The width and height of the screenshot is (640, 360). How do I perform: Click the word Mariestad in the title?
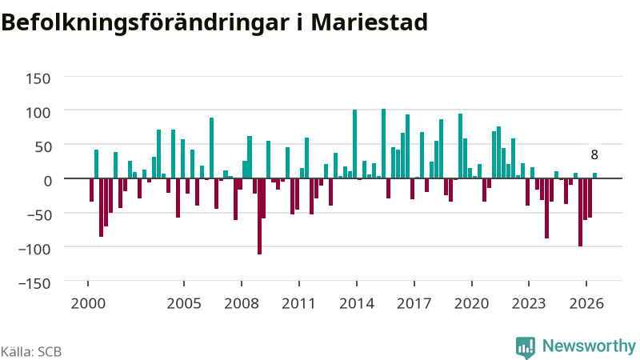370,22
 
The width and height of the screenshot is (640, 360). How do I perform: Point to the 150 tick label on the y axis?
38,78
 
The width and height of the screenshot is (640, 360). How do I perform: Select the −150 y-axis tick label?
34,283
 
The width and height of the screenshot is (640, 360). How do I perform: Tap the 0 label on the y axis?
48,181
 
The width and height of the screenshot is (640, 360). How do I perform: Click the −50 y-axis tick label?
38,215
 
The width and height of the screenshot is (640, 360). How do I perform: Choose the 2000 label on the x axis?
88,304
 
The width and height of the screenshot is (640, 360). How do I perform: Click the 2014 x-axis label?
357,304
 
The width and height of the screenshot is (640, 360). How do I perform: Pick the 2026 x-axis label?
586,304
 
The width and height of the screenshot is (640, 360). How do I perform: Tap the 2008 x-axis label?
242,304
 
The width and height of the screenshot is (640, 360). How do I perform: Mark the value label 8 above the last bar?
594,154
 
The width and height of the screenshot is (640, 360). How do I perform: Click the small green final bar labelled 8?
594,176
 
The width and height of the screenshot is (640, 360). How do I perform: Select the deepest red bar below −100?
259,216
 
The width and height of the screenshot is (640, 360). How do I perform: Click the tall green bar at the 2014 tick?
354,144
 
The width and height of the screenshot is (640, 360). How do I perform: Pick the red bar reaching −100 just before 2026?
581,212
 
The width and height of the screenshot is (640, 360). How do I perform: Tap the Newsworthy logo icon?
526,347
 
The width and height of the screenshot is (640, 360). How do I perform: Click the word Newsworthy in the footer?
589,346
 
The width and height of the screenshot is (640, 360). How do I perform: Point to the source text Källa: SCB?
31,351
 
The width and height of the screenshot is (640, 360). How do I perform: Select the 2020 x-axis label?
471,304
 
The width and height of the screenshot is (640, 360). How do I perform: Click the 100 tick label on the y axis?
38,113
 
